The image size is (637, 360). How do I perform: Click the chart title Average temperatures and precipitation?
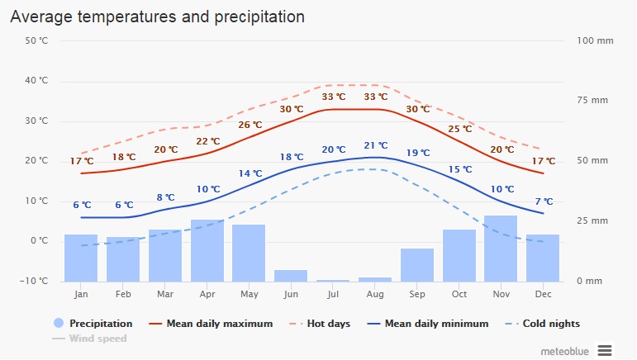point(158,17)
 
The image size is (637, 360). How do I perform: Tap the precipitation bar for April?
point(207,250)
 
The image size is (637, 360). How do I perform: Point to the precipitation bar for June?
point(291,275)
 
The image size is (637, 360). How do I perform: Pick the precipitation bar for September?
point(417,264)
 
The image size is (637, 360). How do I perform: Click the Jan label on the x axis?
point(81,294)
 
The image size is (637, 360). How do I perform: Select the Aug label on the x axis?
point(375,294)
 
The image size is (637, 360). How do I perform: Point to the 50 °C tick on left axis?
point(37,40)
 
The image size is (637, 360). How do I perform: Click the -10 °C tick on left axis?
point(36,281)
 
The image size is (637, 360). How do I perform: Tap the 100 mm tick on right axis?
point(592,40)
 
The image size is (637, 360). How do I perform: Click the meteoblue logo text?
point(565,351)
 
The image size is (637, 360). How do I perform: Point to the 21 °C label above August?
point(375,146)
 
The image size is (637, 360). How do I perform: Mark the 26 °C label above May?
point(250,126)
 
